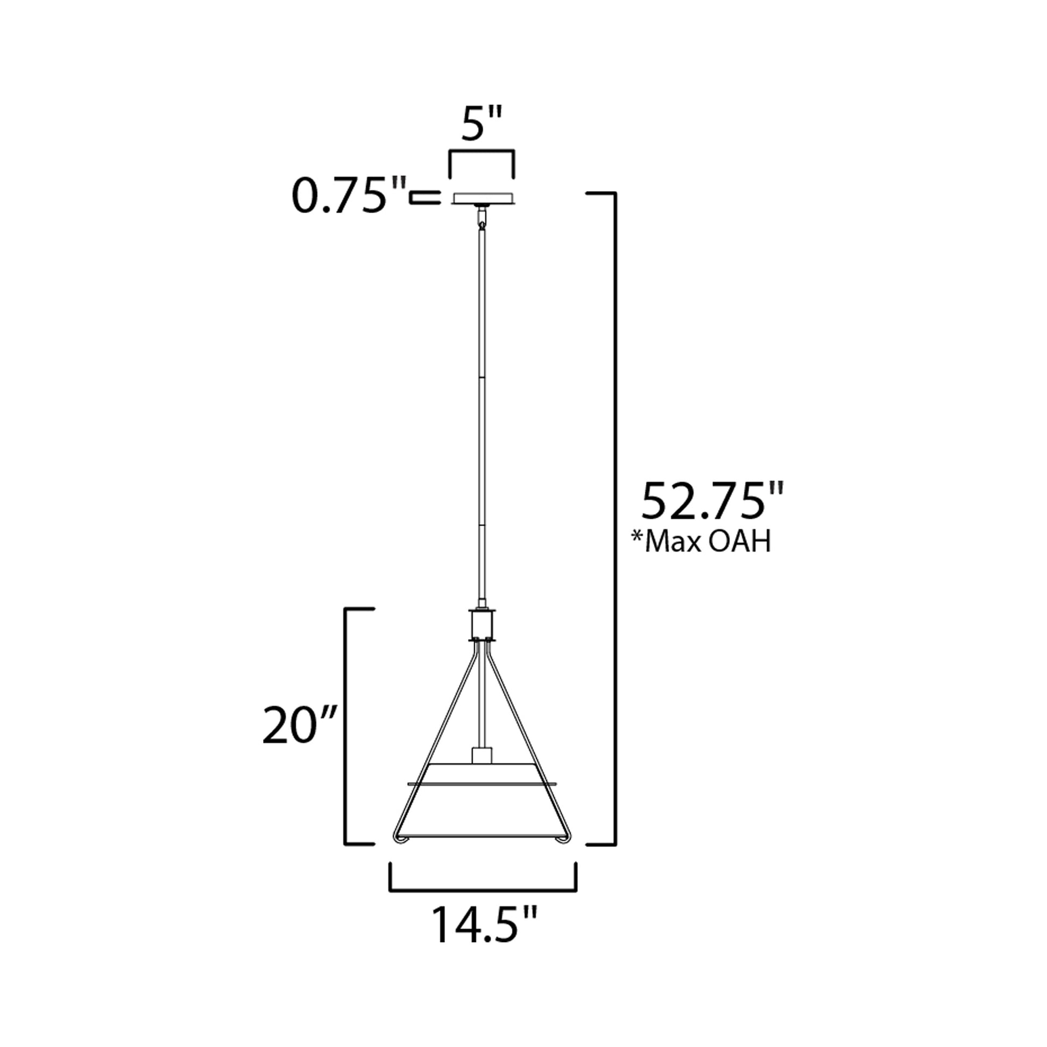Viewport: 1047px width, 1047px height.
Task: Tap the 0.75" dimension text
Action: tap(349, 196)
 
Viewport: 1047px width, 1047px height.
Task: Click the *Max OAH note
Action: tap(701, 541)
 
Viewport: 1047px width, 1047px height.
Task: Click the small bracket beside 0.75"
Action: tap(425, 198)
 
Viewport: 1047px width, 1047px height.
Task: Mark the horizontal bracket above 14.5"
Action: tap(482, 889)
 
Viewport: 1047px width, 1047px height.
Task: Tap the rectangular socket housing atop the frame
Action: tap(482, 624)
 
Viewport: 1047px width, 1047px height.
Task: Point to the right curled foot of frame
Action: tap(564, 854)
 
